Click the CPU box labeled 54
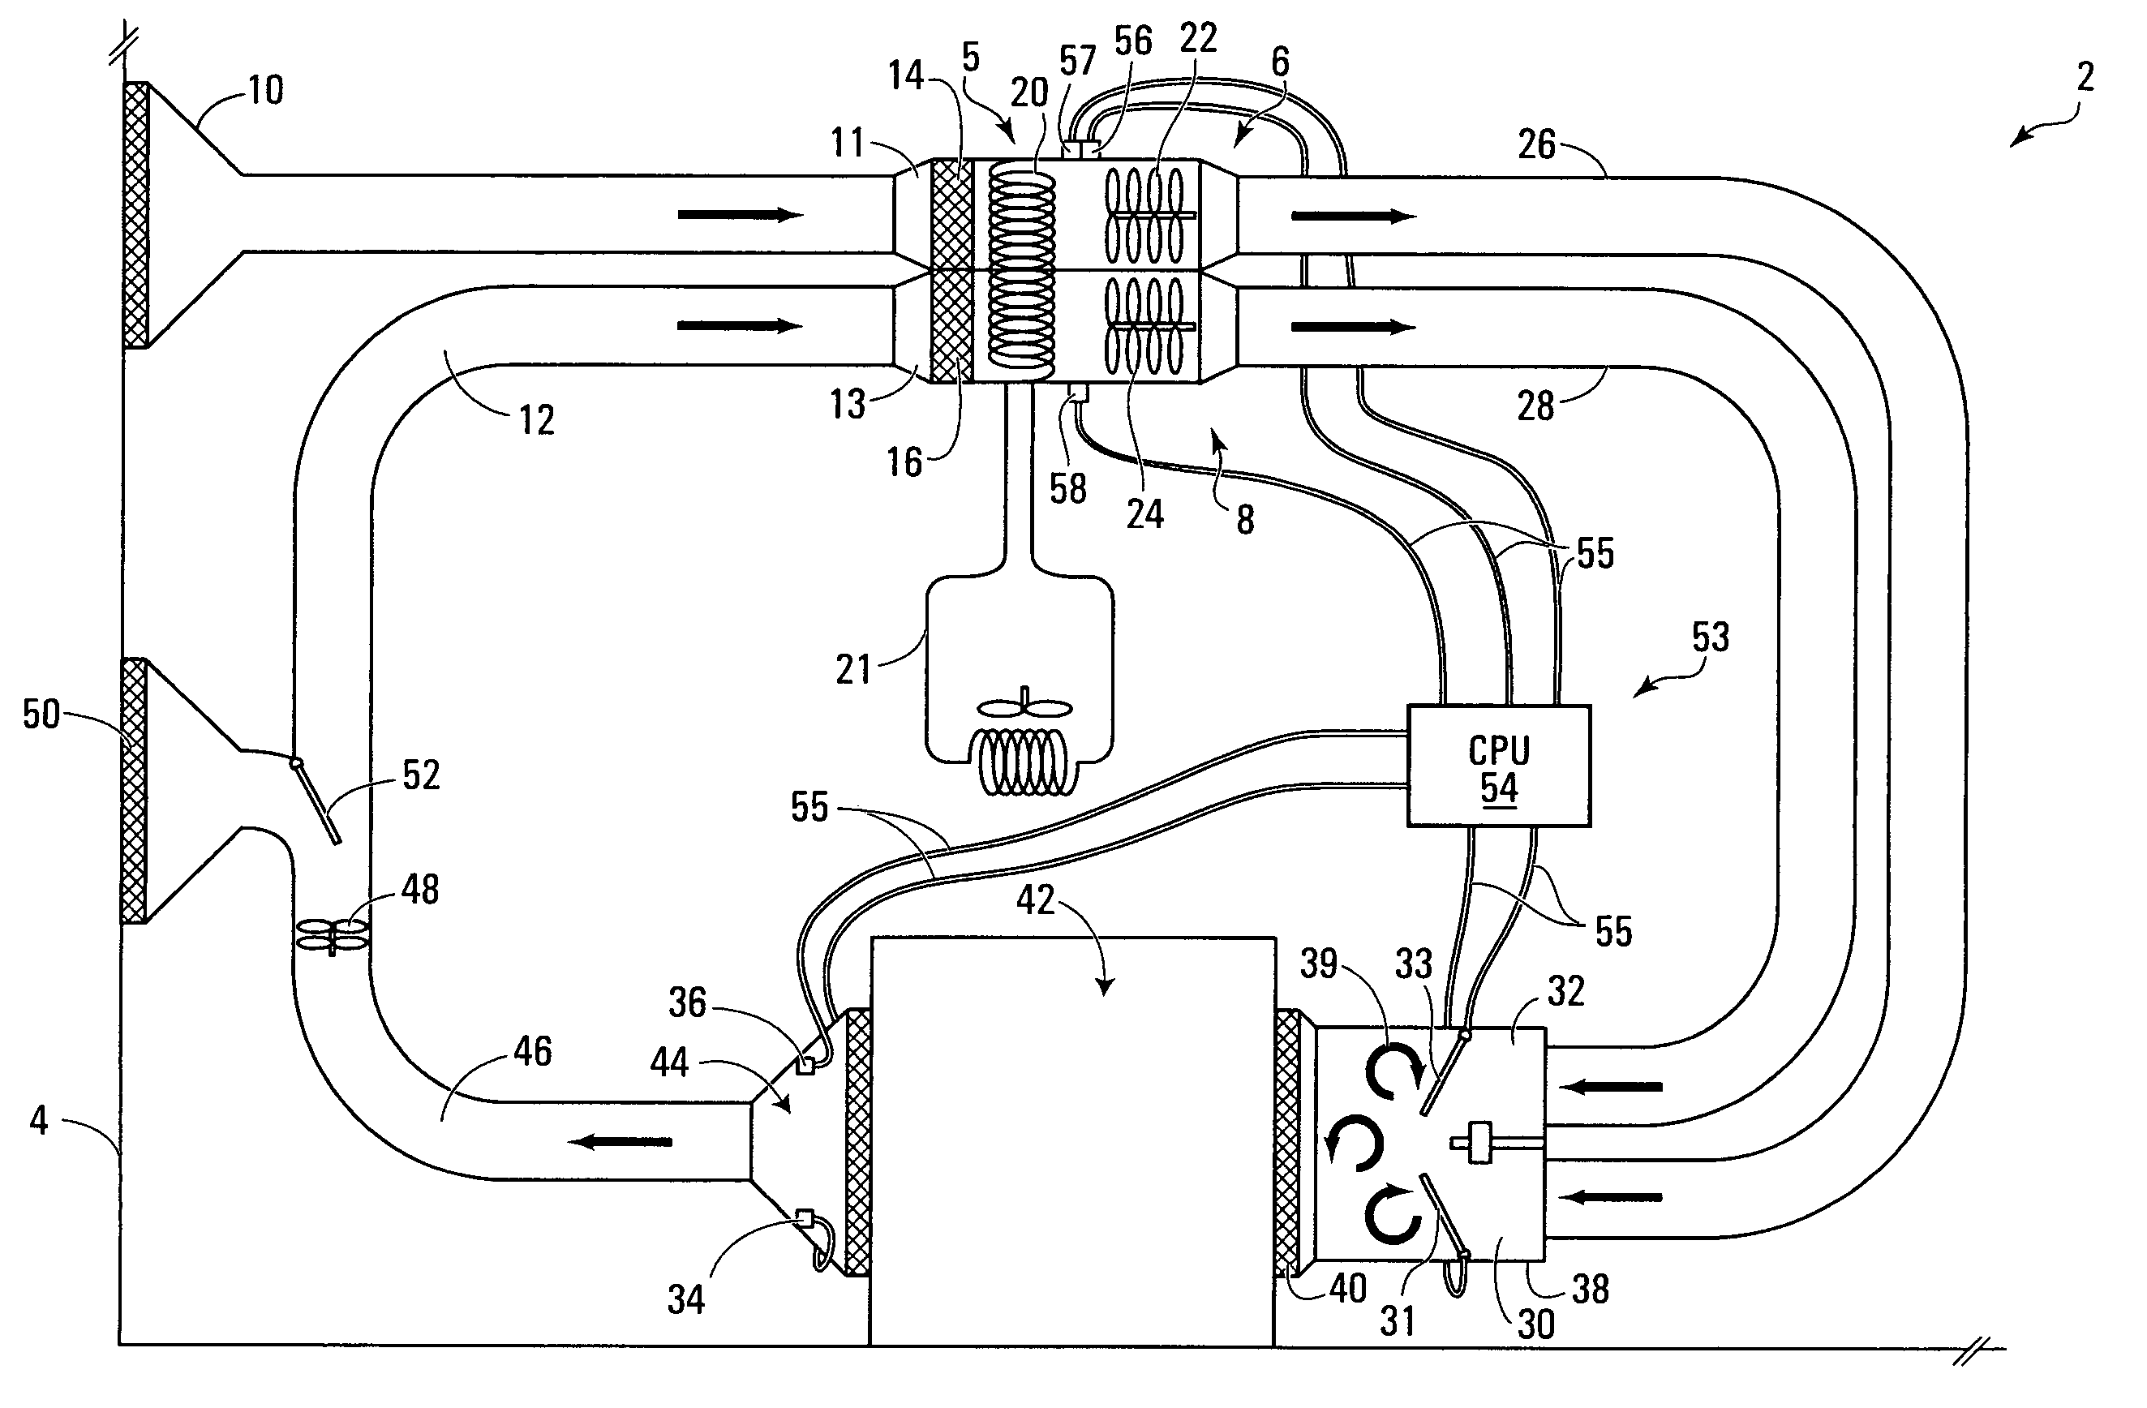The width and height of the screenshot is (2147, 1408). coord(1498,766)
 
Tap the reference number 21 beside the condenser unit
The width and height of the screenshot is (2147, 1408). coord(853,669)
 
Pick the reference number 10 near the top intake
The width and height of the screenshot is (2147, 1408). coord(265,90)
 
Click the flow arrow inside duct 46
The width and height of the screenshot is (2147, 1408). coord(620,1142)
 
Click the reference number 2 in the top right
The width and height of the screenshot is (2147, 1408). coord(2085,78)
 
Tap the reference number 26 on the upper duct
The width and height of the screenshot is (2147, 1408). coord(1536,145)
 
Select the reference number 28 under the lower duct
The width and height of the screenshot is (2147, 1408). coord(1535,406)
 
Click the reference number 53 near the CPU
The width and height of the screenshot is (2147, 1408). coord(1711,637)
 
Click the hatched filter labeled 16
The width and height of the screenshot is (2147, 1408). coord(950,325)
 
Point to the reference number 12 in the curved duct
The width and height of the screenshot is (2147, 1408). coord(536,420)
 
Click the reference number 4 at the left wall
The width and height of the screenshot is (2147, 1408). coord(39,1120)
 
